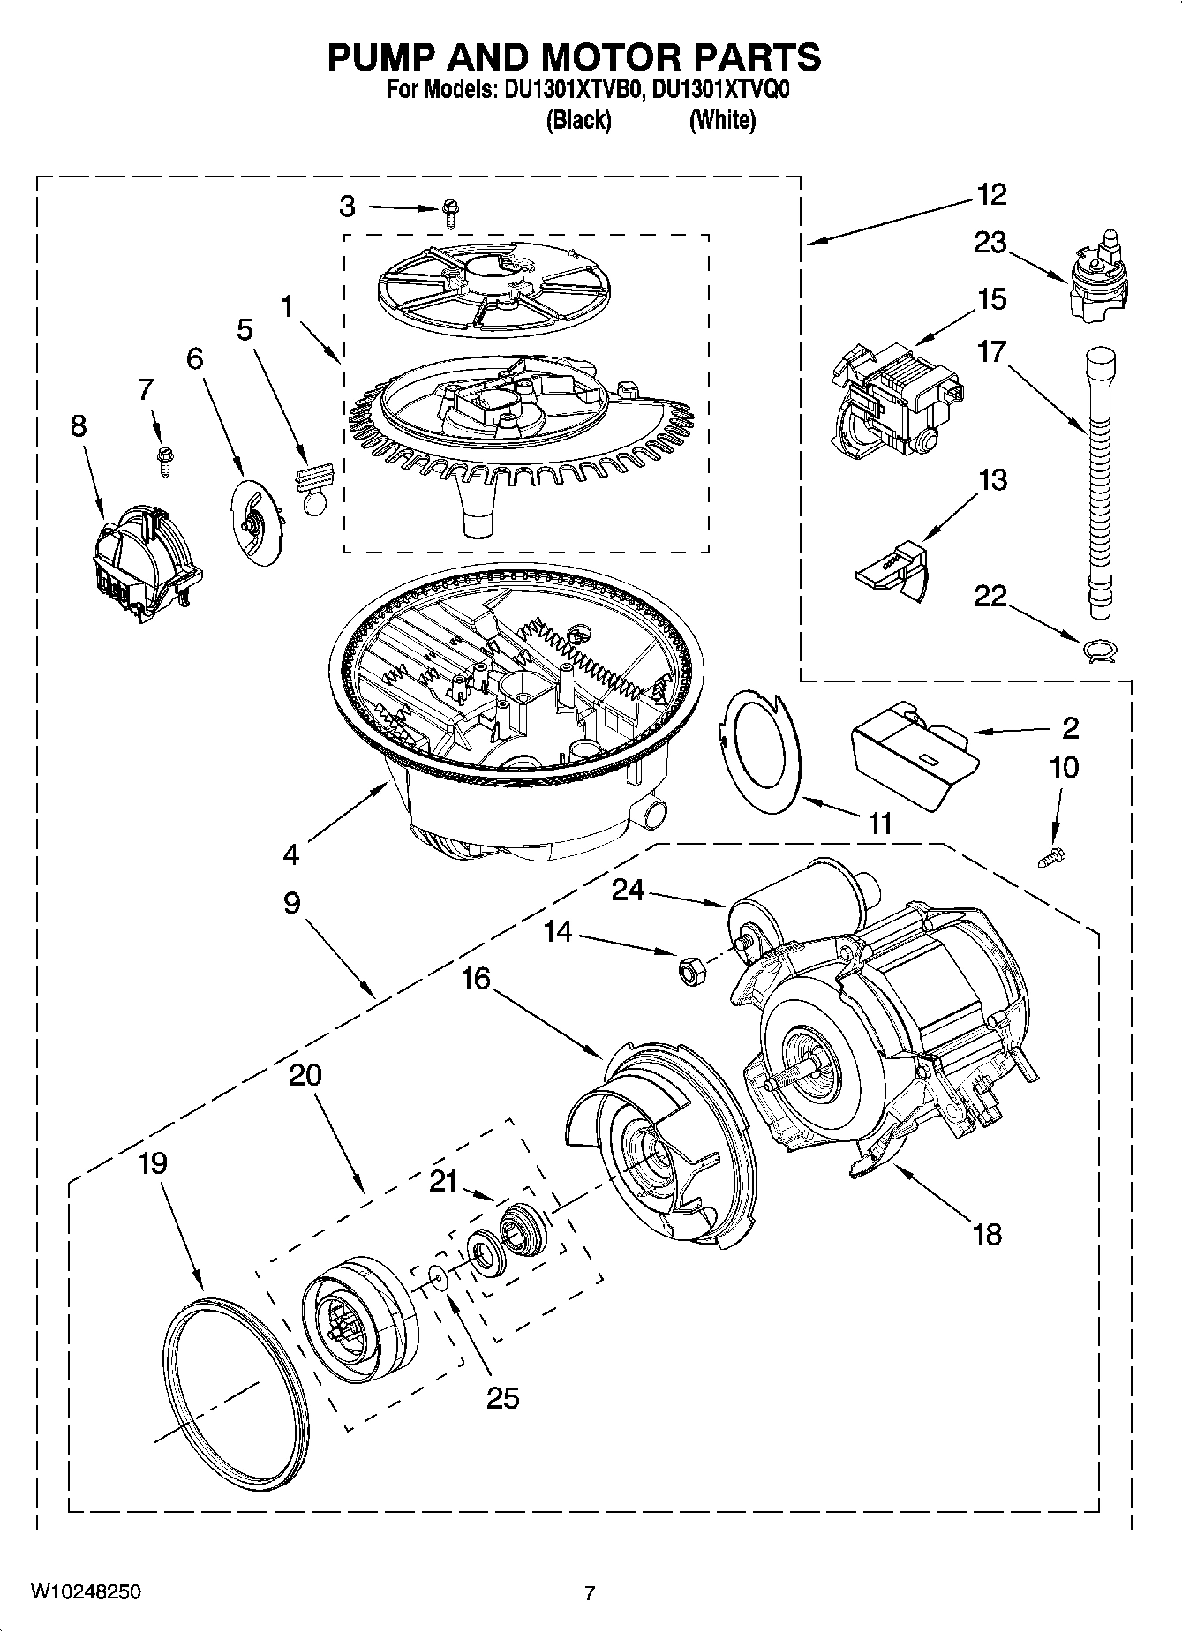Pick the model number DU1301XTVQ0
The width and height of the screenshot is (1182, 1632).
[x=717, y=91]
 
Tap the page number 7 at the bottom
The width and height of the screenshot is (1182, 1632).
[x=590, y=1593]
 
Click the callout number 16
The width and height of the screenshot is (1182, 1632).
[x=476, y=979]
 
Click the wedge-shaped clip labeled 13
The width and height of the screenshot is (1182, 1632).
[x=894, y=571]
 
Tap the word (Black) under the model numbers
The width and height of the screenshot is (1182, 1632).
[x=578, y=121]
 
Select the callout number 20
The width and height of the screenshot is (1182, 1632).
[x=305, y=1075]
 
